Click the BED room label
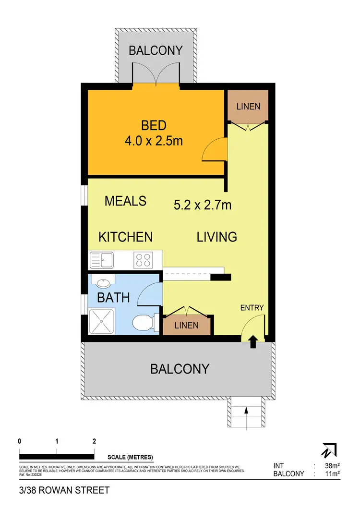[x=154, y=126]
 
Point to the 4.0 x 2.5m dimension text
[x=154, y=141]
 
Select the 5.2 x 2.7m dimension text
[x=203, y=206]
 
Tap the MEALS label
[x=125, y=201]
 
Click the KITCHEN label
[x=125, y=237]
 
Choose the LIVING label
[x=216, y=237]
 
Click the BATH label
[x=113, y=298]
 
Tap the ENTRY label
[x=252, y=308]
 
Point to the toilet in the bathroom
[x=143, y=322]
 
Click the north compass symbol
[x=330, y=450]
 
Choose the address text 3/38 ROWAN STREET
[x=64, y=490]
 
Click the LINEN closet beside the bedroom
[x=248, y=106]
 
